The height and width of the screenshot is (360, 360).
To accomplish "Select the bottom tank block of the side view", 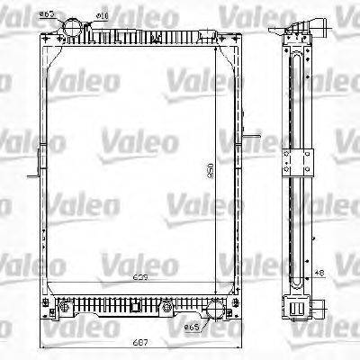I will pyautogui.click(x=294, y=308).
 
